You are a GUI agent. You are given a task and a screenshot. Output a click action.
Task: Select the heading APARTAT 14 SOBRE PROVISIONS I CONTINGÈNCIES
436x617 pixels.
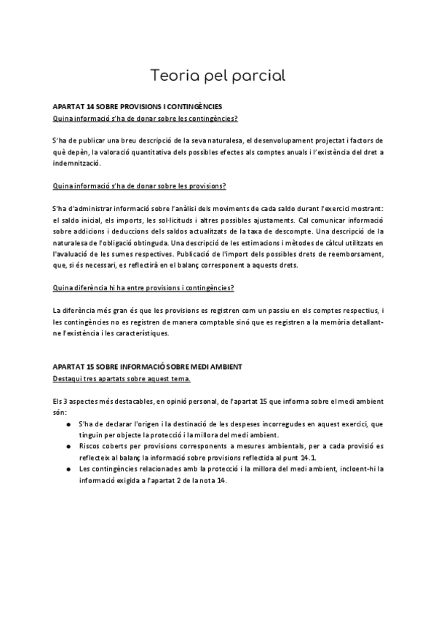132,106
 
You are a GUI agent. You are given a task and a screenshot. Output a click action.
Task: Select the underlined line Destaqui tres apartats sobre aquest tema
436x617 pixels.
121,378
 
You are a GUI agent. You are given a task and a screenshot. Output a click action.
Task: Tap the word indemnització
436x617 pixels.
79,164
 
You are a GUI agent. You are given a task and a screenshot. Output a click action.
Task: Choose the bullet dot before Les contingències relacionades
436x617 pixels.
68,469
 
